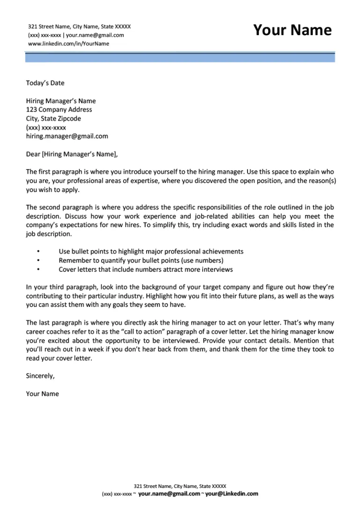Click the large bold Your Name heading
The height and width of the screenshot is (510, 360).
pyautogui.click(x=292, y=30)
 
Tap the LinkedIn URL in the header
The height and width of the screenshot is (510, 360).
pyautogui.click(x=68, y=44)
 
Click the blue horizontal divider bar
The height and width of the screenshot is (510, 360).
pyautogui.click(x=180, y=58)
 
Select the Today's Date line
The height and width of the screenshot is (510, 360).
pyautogui.click(x=45, y=83)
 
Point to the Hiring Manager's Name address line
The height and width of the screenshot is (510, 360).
pyautogui.click(x=60, y=101)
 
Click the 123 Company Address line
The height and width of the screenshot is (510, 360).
pyautogui.click(x=59, y=110)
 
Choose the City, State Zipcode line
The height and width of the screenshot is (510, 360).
pyautogui.click(x=53, y=119)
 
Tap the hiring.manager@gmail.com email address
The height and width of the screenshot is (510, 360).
pyautogui.click(x=67, y=136)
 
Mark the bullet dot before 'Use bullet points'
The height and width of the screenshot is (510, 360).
pyautogui.click(x=38, y=252)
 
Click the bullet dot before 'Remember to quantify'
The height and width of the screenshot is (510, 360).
pyautogui.click(x=38, y=261)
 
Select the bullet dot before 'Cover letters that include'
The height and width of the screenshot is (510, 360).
pyautogui.click(x=38, y=270)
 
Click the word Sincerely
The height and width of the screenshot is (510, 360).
pyautogui.click(x=40, y=376)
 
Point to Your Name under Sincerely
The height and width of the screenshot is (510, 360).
pyautogui.click(x=43, y=394)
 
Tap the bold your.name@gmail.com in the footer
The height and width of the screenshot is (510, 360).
pyautogui.click(x=169, y=494)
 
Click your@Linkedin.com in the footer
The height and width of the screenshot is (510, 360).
pyautogui.click(x=232, y=494)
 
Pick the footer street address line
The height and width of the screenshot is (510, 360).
pyautogui.click(x=180, y=486)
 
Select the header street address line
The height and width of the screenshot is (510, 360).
pyautogui.click(x=79, y=27)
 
